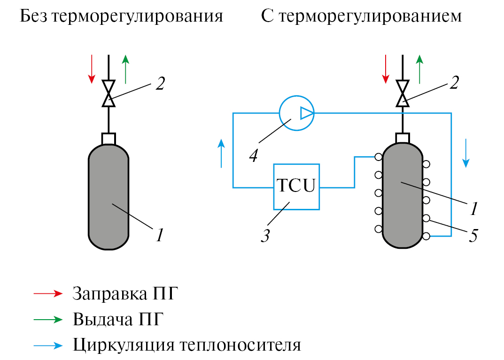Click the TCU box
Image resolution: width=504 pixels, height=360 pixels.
[x=296, y=187]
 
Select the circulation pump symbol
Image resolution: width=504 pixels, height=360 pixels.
[x=296, y=113]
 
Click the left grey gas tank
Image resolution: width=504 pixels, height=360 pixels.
[x=109, y=197]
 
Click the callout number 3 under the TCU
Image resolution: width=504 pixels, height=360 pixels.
[x=265, y=235]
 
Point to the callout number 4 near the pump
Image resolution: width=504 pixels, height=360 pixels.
[x=253, y=155]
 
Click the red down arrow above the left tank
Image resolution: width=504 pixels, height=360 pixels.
[x=92, y=69]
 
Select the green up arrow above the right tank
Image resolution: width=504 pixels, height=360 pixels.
[x=419, y=69]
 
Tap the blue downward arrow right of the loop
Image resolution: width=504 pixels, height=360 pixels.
[x=465, y=153]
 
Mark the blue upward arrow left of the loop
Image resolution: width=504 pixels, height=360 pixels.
[x=221, y=153]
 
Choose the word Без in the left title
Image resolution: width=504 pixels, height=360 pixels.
[x=33, y=17]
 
